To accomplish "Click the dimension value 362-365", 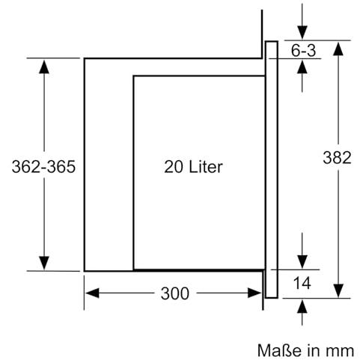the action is [43, 167].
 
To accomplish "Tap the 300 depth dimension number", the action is [174, 293].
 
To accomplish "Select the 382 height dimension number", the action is [337, 158].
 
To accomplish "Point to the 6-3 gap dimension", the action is [303, 50].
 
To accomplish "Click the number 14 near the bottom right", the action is [302, 283].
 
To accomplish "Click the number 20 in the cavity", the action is [174, 167].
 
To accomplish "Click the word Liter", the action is [206, 166].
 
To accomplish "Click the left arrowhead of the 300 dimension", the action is [92, 293].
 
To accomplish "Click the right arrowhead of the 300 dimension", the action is [254, 293].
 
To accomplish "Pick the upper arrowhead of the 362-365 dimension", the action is [44, 67].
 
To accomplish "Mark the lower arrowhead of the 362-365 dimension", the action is [44, 263].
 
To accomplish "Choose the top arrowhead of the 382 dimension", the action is [338, 49].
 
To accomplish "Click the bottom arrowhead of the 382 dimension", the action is [338, 290].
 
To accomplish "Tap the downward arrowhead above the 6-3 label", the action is [302, 32].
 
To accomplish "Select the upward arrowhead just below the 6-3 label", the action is [302, 67].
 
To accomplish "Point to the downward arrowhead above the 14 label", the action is [302, 262].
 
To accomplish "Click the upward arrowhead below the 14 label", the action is [302, 306].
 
